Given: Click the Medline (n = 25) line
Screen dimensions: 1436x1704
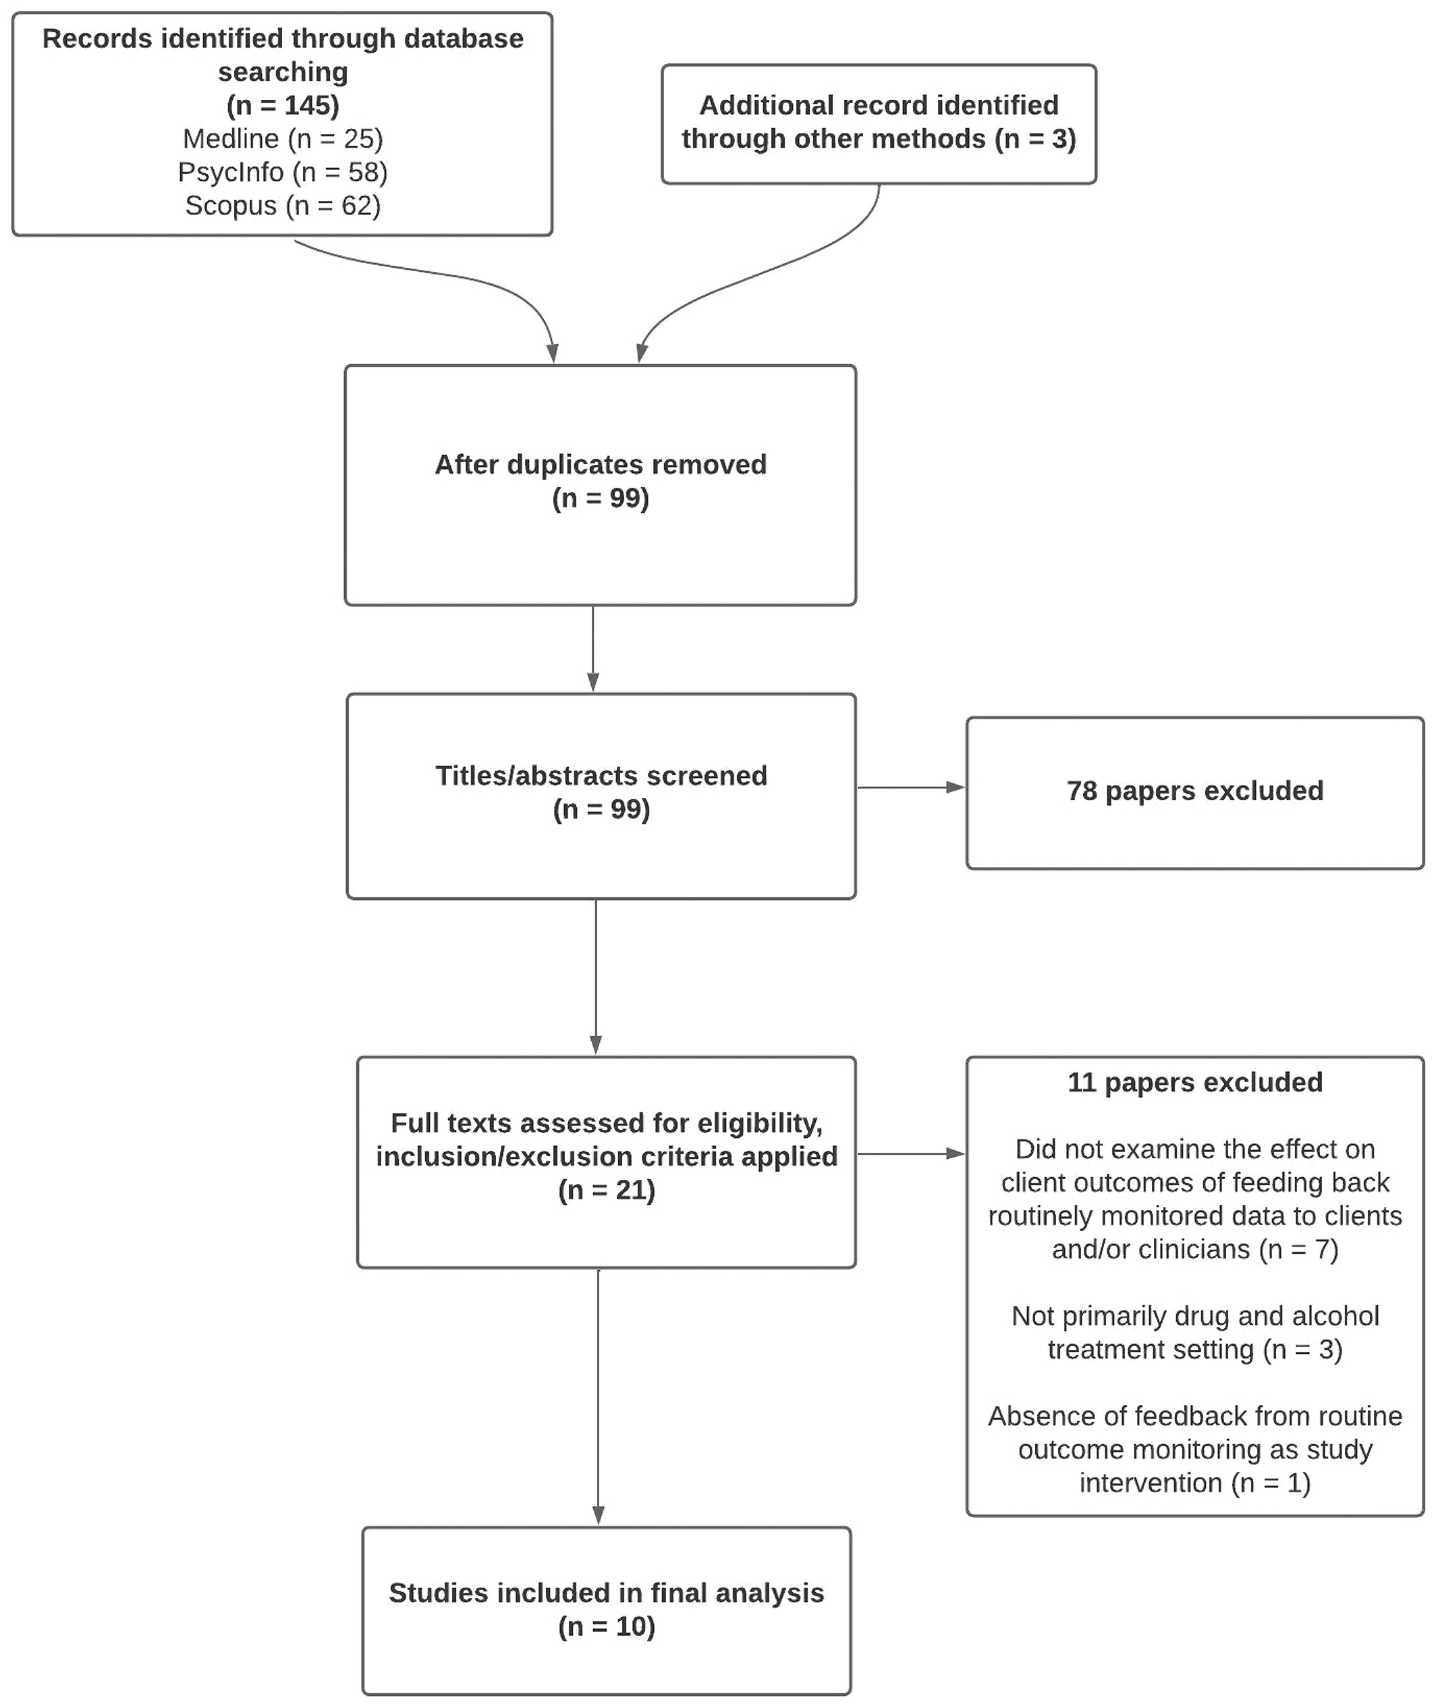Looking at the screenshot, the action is (283, 138).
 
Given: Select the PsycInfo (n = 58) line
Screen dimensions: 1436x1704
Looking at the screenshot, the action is (283, 172).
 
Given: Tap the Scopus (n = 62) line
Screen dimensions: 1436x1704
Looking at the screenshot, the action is (283, 205).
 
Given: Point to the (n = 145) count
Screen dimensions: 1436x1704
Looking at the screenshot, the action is (283, 105).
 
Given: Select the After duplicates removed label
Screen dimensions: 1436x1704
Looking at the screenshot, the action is (600, 464).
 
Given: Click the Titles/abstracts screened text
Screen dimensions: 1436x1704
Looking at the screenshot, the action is (601, 776).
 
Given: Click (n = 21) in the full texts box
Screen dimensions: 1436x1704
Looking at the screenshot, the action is (607, 1190).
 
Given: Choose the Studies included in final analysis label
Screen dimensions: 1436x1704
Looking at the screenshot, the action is (607, 1593).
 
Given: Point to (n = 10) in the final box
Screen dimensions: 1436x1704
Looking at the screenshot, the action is (607, 1626).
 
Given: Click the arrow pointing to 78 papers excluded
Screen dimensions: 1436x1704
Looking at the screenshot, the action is (911, 788).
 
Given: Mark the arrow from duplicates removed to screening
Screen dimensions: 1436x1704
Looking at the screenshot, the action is (592, 648).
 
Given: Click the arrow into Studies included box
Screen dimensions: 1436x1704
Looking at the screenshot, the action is (599, 1397).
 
